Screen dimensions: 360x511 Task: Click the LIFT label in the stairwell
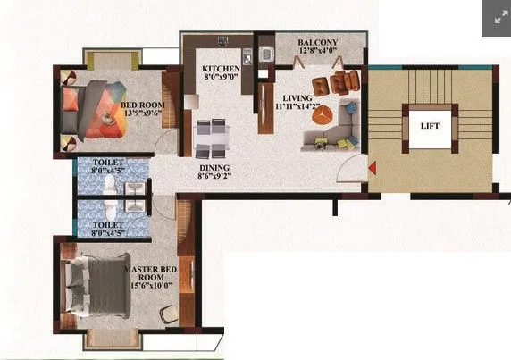[430, 127]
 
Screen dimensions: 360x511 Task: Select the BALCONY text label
[319, 42]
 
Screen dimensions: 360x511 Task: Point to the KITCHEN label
[221, 69]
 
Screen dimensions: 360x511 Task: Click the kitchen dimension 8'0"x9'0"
[221, 79]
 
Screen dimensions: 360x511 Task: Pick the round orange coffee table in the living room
[325, 113]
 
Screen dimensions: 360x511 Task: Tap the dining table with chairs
[212, 138]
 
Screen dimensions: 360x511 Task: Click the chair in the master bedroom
[168, 315]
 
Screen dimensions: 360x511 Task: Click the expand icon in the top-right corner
[496, 18]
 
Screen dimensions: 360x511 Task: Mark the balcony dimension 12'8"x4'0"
[319, 52]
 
